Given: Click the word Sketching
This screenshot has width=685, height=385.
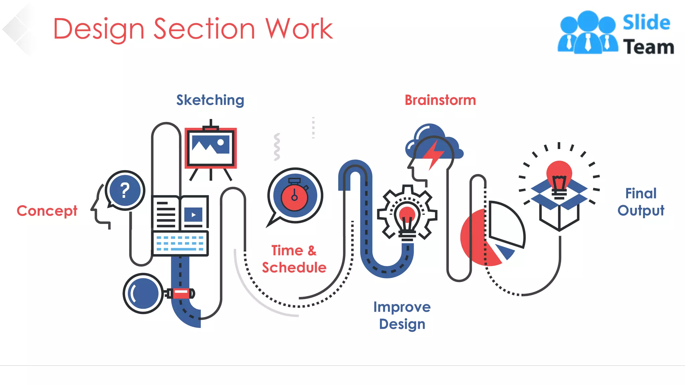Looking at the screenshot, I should coord(210,100).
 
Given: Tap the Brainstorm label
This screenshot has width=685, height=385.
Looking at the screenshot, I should coord(440,100).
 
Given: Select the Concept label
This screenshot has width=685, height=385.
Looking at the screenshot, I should coord(47,211).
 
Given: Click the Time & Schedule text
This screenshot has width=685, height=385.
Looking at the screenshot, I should coord(294,259).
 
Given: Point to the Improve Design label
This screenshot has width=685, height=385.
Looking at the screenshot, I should coord(402,315).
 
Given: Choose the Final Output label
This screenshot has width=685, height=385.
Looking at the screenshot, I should coord(641,202).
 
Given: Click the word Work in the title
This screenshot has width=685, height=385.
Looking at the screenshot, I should coord(299,29).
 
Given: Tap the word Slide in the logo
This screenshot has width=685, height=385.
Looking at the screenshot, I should coord(646,23).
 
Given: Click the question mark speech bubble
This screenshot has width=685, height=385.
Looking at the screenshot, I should coord(125,190).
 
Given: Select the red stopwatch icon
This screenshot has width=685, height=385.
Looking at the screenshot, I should coord(294,197).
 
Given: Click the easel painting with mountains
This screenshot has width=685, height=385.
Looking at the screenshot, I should coord(210,147).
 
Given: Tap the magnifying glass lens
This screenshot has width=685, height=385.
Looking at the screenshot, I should coord(143,293).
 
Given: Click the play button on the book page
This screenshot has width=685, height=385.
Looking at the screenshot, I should coord(193,215).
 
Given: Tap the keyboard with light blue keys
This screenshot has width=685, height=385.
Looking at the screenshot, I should coord(180,243).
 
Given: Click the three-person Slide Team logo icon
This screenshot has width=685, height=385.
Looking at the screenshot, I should coord(588,33).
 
